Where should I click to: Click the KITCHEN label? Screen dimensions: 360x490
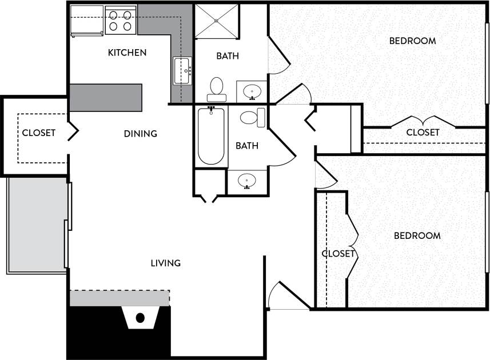[x=127, y=53]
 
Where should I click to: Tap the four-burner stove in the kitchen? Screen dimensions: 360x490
[x=120, y=20]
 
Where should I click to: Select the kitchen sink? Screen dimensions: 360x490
[x=182, y=71]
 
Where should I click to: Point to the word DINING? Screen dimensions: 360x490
[x=140, y=134]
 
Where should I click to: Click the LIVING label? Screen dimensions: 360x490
[x=165, y=263]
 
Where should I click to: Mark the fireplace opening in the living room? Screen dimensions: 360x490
[x=140, y=318]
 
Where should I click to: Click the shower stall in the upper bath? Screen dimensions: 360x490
[x=216, y=22]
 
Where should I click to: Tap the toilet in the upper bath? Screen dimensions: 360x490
[x=216, y=87]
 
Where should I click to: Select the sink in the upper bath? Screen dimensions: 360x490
[x=252, y=91]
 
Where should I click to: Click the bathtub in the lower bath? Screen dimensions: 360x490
[x=210, y=135]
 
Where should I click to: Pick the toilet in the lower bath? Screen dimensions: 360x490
[x=252, y=118]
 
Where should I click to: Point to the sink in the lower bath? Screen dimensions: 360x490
[x=246, y=181]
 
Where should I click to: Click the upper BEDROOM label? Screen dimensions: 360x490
[x=412, y=41]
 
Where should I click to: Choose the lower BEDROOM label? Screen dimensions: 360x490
[x=417, y=235]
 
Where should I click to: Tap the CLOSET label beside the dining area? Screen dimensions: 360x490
[x=38, y=133]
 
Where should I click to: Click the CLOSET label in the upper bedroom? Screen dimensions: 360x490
[x=423, y=132]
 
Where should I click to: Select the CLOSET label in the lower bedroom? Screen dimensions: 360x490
[x=338, y=253]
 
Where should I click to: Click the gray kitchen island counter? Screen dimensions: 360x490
[x=105, y=98]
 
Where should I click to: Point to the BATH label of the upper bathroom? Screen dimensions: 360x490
[x=228, y=56]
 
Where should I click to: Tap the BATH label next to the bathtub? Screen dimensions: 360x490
[x=247, y=146]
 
